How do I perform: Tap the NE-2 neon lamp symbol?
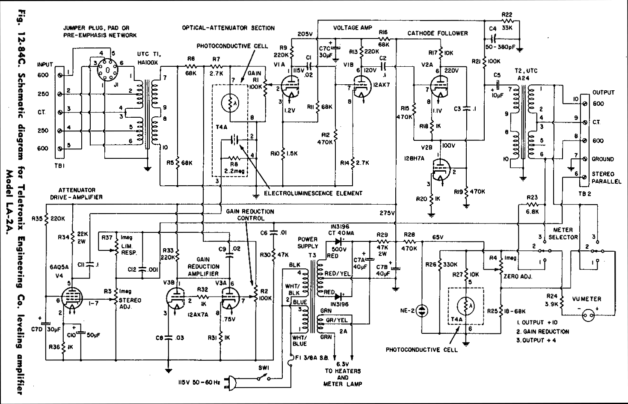coord(422,310)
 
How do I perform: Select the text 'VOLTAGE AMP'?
coord(353,28)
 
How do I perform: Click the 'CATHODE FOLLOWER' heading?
coord(438,33)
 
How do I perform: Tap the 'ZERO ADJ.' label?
coord(518,276)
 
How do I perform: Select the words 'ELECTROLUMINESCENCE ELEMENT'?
coord(313,193)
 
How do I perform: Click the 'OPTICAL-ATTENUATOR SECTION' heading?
coord(228,28)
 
